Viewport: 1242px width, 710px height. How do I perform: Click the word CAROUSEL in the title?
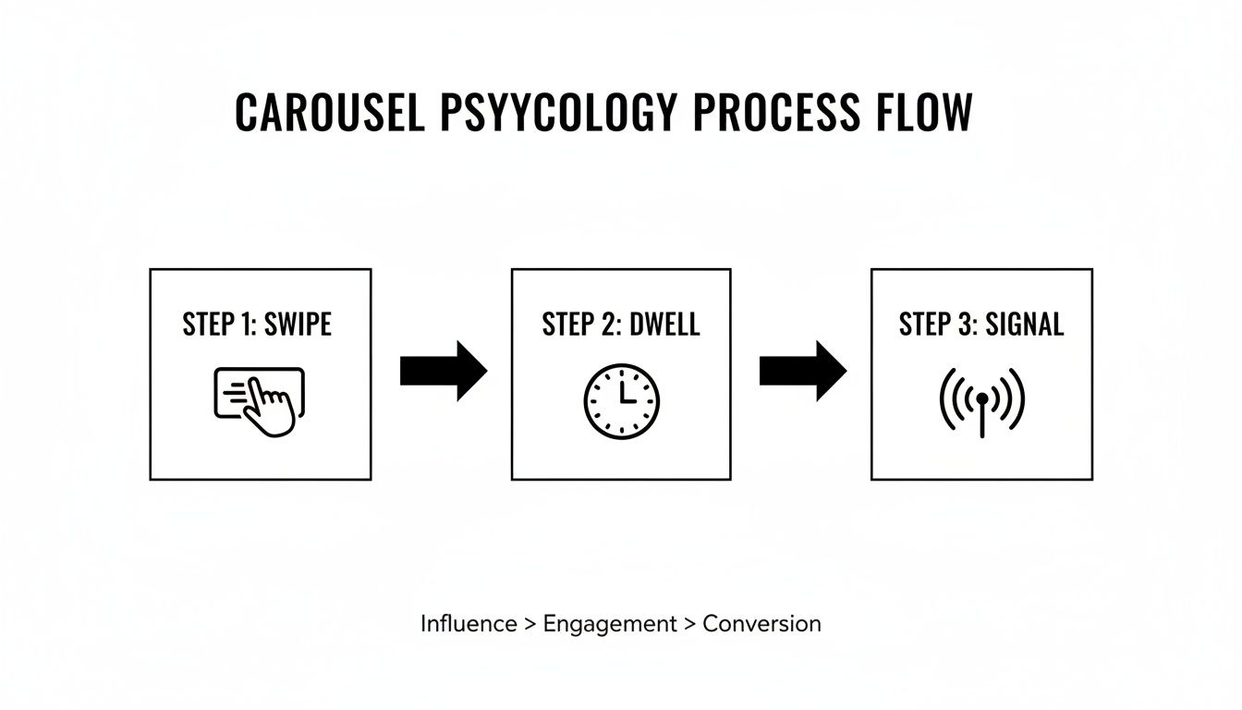[330, 113]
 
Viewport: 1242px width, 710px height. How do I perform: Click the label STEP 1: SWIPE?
[257, 324]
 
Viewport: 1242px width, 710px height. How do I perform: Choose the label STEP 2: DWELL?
[621, 324]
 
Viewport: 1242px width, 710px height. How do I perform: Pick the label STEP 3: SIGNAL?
[981, 324]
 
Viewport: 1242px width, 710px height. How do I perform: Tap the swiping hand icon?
[261, 400]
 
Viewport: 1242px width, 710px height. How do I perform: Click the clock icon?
[622, 401]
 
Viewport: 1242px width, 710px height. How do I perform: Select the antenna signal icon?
[982, 401]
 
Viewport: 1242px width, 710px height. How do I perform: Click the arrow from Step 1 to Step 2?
[444, 372]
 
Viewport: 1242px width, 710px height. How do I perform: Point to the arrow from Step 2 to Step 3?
[803, 372]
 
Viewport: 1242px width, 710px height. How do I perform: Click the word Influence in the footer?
[469, 624]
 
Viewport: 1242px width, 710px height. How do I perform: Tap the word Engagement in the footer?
[610, 625]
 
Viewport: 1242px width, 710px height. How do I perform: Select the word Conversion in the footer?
[761, 624]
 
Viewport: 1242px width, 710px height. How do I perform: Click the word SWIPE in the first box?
[298, 324]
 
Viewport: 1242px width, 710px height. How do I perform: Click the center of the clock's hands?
[623, 402]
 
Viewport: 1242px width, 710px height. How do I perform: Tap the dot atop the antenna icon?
[982, 398]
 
